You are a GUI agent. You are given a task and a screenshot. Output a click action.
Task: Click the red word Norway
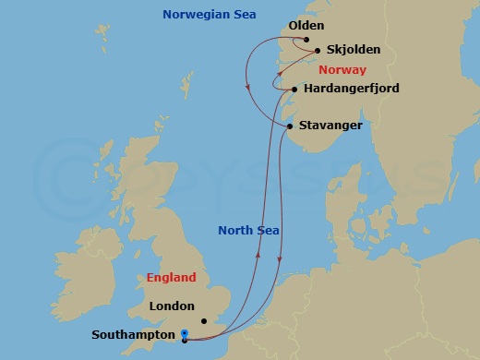coord(342,70)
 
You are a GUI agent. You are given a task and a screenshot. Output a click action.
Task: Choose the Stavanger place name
coord(330,126)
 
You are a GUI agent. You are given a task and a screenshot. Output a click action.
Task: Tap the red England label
coord(171,277)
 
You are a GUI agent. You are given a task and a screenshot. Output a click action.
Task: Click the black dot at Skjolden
coord(318,51)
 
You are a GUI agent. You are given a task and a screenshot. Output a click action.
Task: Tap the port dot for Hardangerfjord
coord(294,90)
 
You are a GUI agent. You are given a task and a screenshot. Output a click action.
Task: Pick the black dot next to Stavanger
coord(290,126)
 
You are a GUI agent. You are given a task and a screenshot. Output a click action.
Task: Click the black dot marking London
coord(205,321)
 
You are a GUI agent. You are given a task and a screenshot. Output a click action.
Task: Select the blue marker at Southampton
coord(185,333)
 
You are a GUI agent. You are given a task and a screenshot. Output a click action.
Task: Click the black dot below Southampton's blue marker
coord(185,340)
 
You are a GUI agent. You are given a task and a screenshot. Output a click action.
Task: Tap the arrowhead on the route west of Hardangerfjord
coord(248,88)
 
